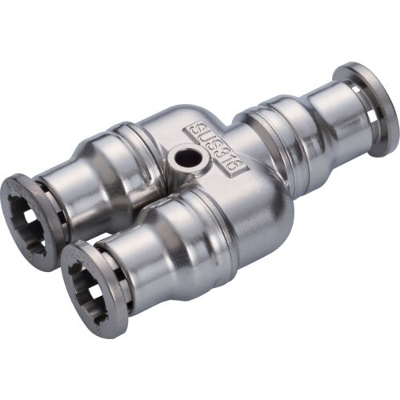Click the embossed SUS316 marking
[218, 147]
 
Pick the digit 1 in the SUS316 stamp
[231, 157]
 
